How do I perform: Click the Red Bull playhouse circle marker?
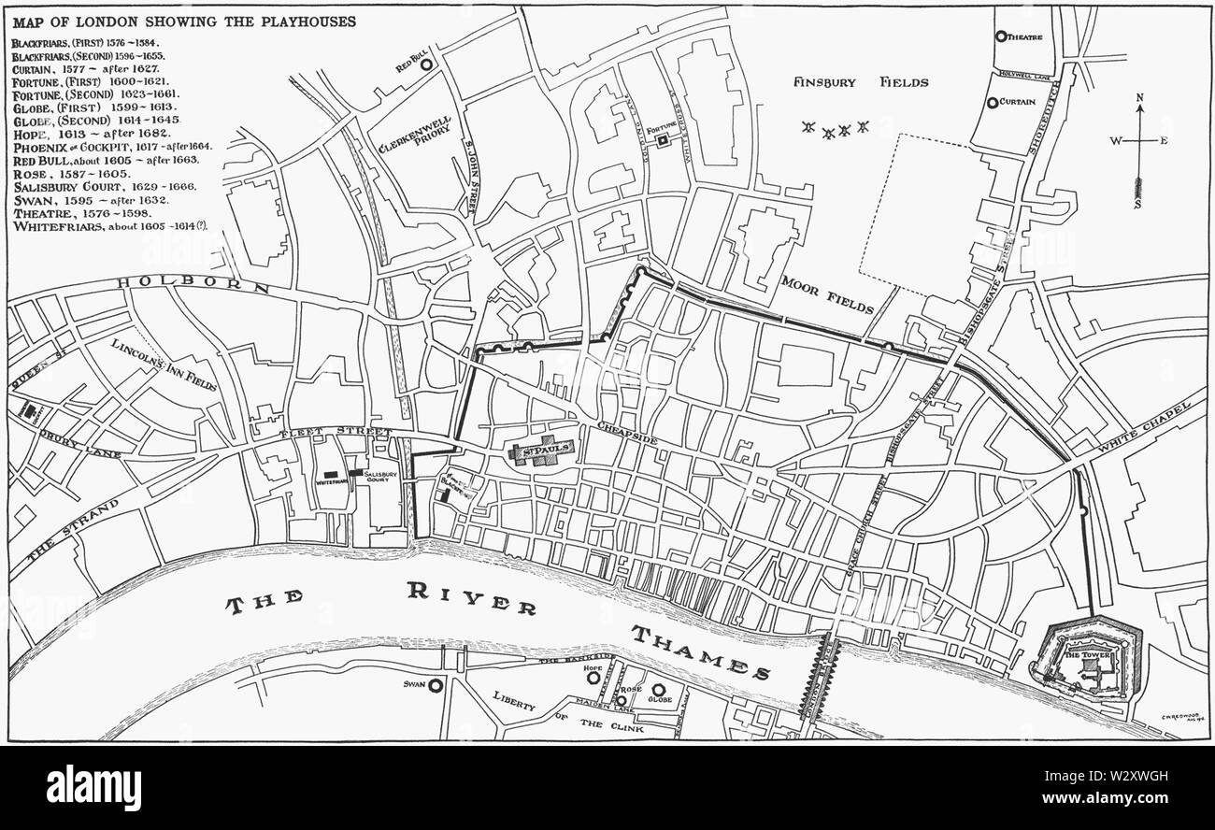(x=426, y=65)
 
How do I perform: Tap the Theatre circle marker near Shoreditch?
(x=1001, y=36)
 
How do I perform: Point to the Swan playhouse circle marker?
(x=435, y=685)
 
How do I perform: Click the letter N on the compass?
(x=1139, y=97)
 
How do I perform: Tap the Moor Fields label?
(x=827, y=293)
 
